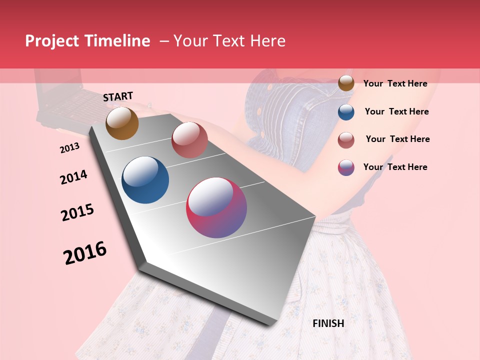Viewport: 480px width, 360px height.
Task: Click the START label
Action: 118,96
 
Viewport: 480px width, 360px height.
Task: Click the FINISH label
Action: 328,323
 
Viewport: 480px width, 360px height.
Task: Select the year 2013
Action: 69,148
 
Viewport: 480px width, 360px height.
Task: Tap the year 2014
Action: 73,177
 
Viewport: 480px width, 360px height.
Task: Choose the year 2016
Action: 85,253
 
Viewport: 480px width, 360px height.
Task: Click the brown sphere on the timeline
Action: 122,123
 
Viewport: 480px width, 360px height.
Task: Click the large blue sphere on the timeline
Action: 145,180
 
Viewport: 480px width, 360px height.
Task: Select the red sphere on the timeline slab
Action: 189,140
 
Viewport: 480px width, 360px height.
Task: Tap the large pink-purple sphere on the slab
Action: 216,207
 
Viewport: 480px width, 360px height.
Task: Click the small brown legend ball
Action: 346,83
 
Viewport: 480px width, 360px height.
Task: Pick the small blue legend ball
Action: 346,112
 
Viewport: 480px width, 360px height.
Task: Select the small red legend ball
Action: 346,140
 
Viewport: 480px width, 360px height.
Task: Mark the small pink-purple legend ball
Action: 346,167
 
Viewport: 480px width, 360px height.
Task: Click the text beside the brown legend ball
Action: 395,83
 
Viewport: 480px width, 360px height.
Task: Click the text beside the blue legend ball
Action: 396,111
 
